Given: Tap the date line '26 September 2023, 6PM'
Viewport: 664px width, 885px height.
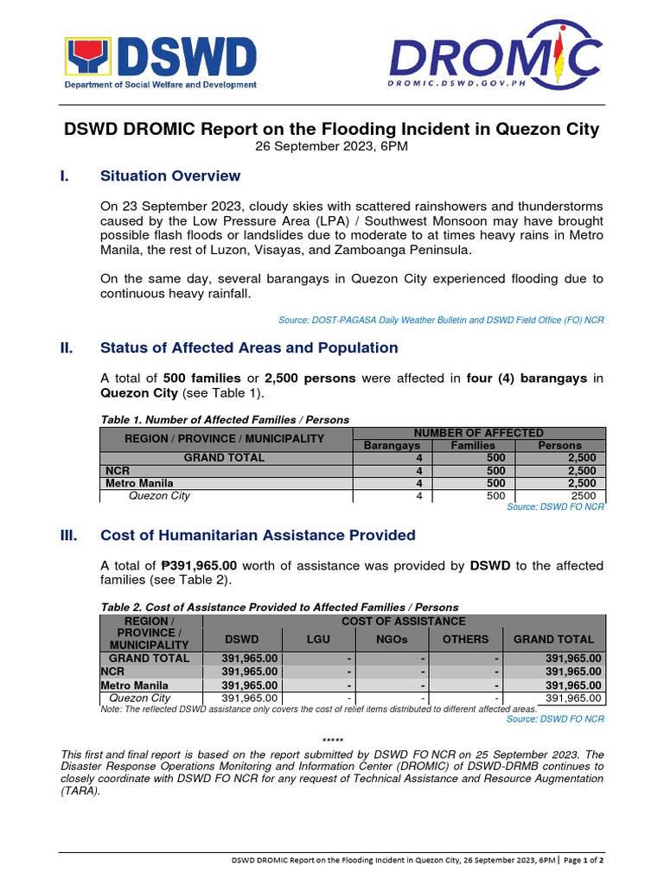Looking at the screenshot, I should click(331, 147).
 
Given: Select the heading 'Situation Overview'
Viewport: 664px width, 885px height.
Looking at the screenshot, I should click(170, 176).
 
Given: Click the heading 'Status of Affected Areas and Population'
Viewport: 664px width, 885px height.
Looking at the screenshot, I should click(249, 348).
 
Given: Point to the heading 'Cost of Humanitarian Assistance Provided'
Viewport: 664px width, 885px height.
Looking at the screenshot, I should click(258, 536).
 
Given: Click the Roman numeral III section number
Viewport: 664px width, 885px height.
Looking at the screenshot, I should click(68, 536).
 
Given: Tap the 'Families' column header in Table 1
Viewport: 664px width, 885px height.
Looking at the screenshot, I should click(474, 445).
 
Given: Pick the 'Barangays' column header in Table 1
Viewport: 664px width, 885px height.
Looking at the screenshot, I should click(391, 445).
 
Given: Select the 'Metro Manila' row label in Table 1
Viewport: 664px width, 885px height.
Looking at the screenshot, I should click(139, 483).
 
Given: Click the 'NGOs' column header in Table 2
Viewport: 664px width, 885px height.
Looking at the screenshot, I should click(392, 640).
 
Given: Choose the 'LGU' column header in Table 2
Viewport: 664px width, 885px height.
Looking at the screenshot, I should click(318, 640).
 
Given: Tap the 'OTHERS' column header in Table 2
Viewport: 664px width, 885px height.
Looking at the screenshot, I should click(465, 640).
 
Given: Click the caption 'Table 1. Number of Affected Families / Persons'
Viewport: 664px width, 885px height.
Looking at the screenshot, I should click(225, 419).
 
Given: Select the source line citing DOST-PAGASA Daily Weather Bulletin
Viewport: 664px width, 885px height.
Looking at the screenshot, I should click(441, 320).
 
